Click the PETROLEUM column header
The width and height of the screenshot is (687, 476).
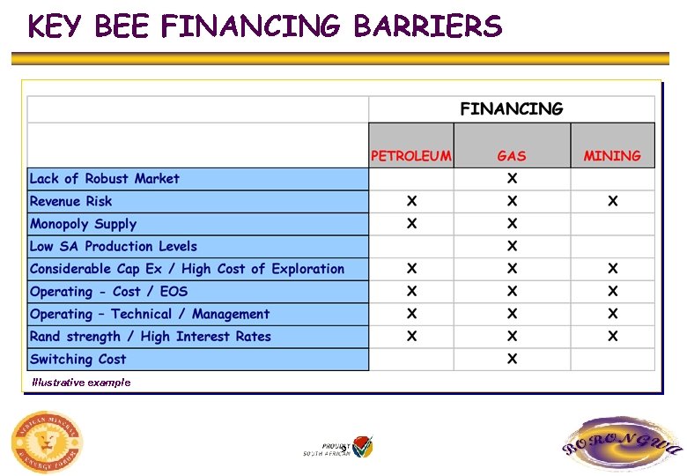point(411,156)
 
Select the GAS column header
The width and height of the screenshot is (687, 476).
point(512,156)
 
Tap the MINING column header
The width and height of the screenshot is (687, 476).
point(612,156)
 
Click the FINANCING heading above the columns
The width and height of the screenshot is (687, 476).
point(511,109)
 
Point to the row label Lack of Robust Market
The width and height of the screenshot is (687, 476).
point(105,179)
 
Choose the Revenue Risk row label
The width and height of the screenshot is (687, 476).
point(71,201)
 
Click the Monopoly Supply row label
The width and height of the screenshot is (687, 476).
point(84,224)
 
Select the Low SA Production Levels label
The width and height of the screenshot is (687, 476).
point(114,247)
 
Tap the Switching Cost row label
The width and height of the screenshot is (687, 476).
point(78,360)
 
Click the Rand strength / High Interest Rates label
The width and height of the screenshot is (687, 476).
point(151,337)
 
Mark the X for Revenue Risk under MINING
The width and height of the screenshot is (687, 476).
point(612,201)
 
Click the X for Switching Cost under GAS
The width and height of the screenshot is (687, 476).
point(512,359)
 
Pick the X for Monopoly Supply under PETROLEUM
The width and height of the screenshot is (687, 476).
point(411,224)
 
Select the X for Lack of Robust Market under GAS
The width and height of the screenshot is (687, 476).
point(512,179)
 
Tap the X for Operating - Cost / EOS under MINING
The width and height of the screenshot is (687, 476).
point(612,292)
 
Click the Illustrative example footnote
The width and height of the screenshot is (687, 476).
point(81,383)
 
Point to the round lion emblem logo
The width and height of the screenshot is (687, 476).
point(47,442)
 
